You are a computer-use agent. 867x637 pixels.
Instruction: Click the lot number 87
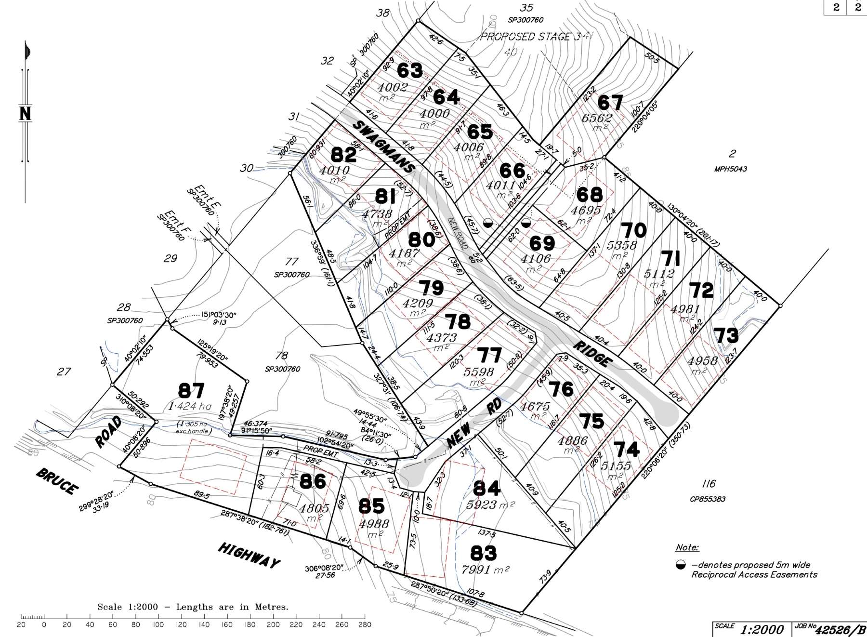click(191, 390)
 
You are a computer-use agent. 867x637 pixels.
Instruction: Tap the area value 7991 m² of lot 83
click(485, 570)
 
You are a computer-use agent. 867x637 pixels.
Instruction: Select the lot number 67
click(610, 103)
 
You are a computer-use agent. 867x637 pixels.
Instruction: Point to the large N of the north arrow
click(25, 114)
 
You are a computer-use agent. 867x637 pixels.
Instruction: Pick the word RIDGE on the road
click(593, 354)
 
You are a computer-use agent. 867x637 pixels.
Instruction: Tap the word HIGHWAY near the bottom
click(249, 555)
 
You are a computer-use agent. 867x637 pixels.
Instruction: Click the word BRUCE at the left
click(57, 480)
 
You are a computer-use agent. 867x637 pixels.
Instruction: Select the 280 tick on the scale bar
click(365, 625)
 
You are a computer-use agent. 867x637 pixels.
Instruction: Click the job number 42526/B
click(837, 630)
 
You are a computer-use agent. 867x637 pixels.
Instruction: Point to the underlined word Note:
click(687, 547)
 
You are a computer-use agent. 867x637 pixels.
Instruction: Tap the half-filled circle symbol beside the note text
click(680, 565)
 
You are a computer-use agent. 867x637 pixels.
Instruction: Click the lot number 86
click(313, 480)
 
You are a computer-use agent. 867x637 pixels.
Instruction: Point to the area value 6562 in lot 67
click(597, 118)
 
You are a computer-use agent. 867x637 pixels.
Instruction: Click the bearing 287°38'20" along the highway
click(239, 516)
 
